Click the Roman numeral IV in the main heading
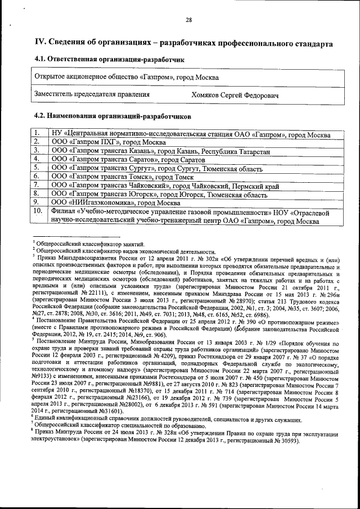[40, 42]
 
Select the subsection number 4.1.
[42, 59]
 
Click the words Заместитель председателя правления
[92, 94]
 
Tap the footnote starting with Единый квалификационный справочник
[141, 420]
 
